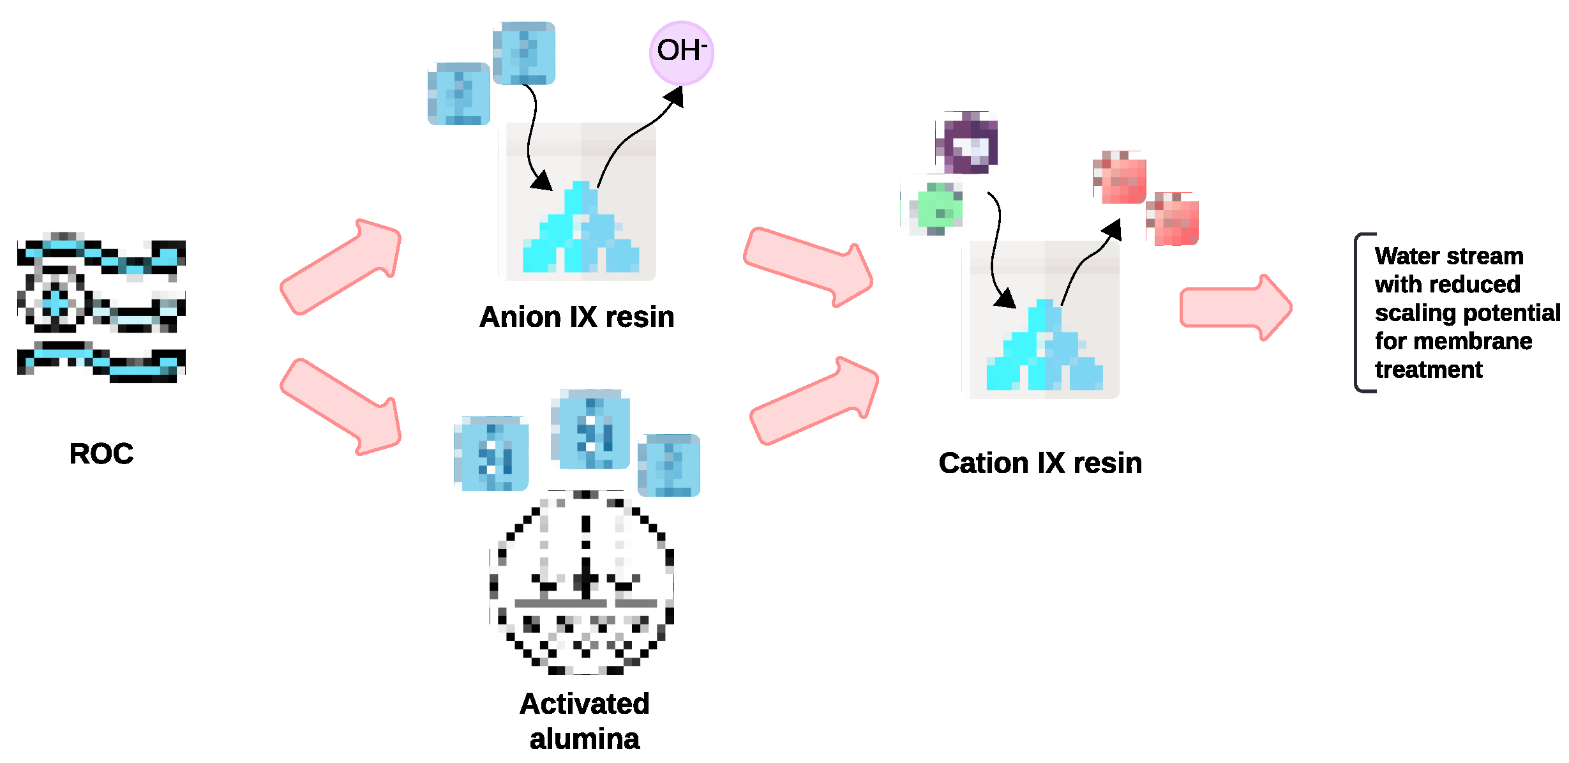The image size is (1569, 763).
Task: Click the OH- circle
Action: click(681, 52)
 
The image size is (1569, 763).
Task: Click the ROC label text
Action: click(101, 454)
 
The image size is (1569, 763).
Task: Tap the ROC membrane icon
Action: click(101, 308)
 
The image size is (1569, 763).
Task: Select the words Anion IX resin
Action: click(576, 317)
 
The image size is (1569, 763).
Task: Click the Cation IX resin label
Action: click(1040, 463)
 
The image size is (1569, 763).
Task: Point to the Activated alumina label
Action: click(584, 721)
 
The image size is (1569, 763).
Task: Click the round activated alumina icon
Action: click(582, 582)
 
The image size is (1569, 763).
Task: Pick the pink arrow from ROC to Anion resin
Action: click(342, 267)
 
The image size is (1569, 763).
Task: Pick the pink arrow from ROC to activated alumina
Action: click(342, 407)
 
